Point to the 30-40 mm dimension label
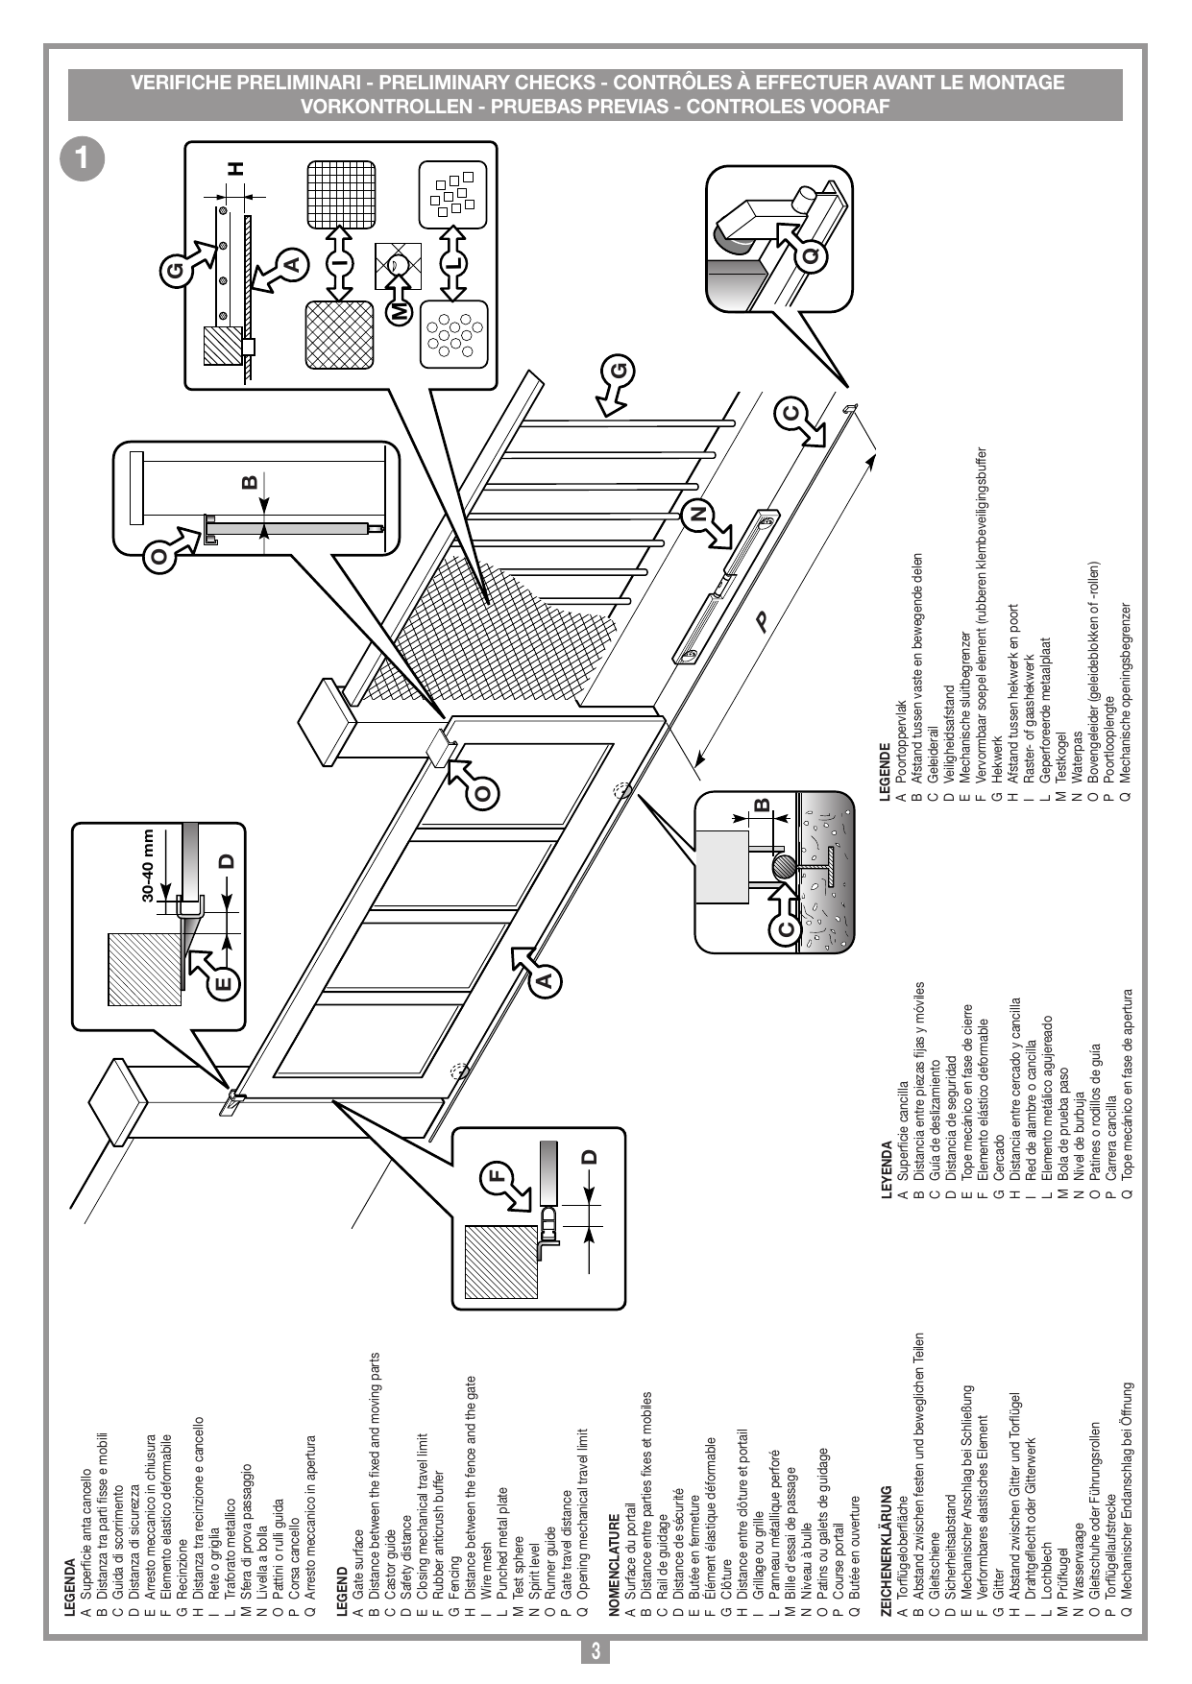click(x=148, y=865)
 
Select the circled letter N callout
click(x=698, y=513)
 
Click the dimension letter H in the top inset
click(x=235, y=168)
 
